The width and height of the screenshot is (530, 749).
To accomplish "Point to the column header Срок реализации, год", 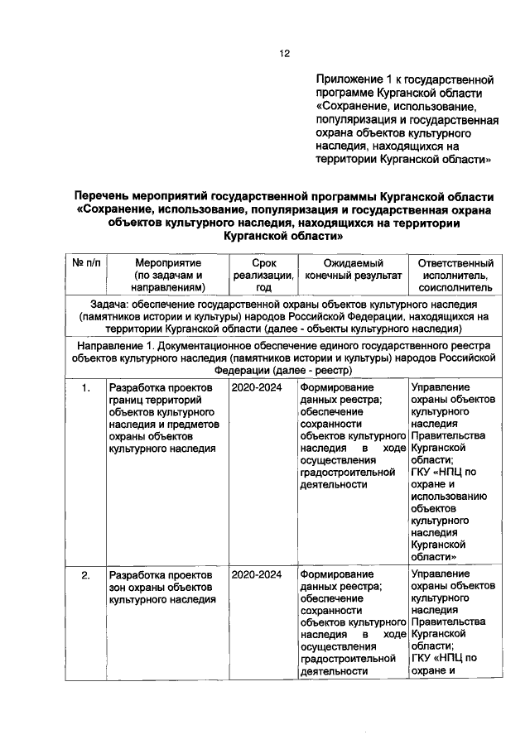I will click(259, 274).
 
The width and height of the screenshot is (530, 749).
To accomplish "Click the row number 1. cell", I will click(85, 387).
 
